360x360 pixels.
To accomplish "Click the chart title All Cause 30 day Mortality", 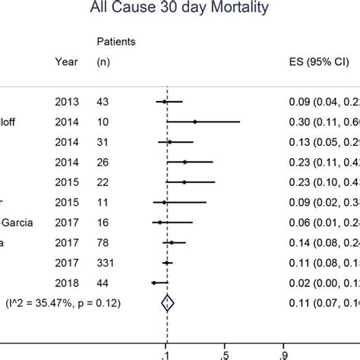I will [180, 11].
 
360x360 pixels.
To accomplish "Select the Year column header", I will [66, 63].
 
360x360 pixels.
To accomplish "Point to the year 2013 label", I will [66, 101].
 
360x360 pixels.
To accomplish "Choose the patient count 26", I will [103, 162].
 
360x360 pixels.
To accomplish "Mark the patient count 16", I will [103, 222].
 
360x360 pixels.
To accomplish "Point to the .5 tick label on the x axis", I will [225, 353].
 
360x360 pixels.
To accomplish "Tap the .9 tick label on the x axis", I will [283, 353].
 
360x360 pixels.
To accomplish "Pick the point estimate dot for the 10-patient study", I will [195, 122].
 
